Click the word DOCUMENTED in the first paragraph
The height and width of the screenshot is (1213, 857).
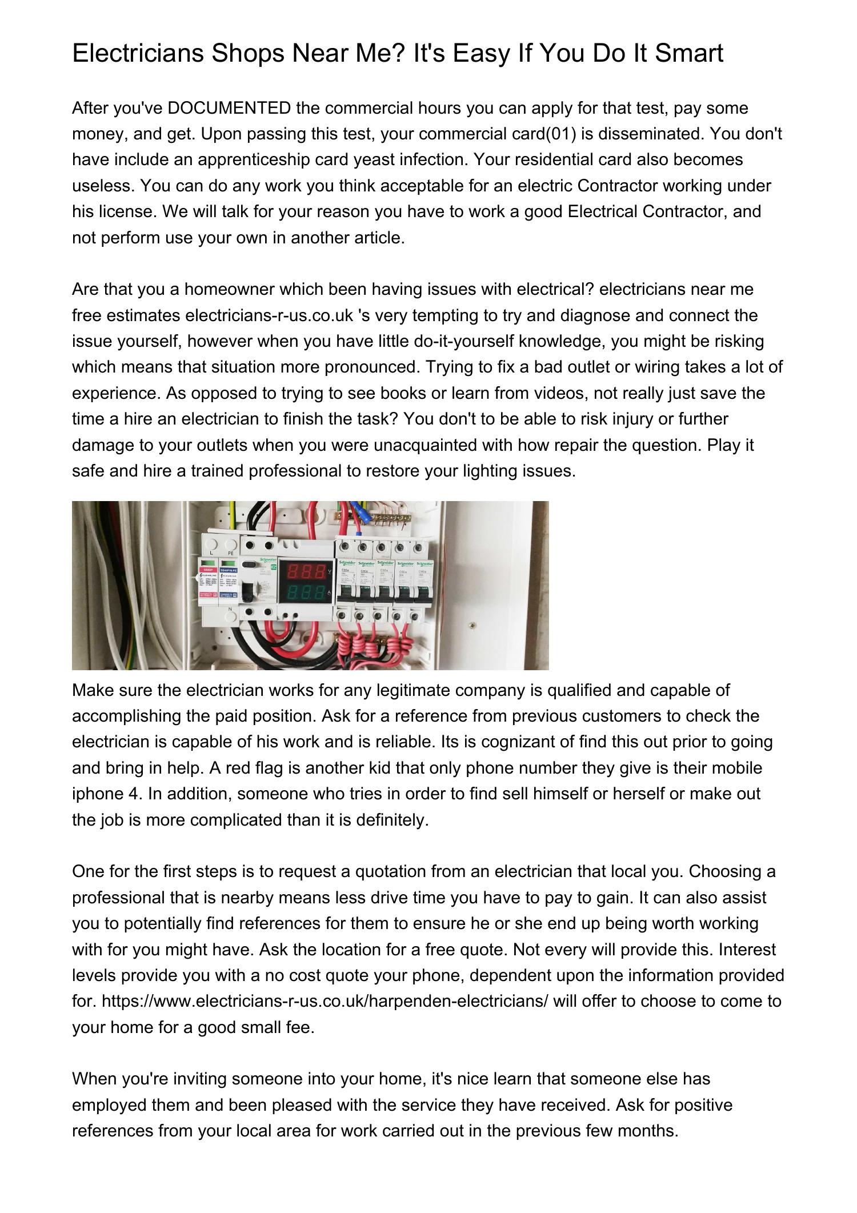point(230,108)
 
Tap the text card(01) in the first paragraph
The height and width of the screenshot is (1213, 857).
point(542,134)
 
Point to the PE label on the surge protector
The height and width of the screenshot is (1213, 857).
point(231,553)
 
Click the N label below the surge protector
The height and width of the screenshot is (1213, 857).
point(230,609)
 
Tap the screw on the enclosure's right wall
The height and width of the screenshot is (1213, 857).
point(472,625)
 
